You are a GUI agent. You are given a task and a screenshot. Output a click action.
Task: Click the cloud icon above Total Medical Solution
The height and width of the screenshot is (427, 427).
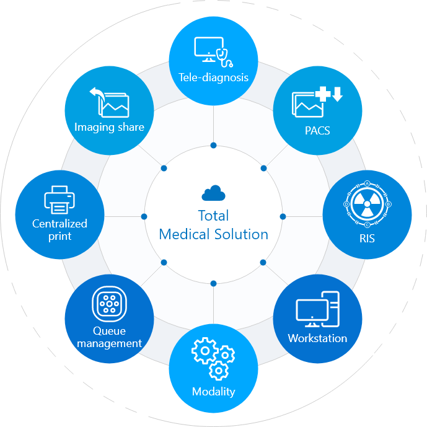point(213,193)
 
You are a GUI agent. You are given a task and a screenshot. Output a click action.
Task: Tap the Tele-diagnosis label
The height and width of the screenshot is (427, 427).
point(213,77)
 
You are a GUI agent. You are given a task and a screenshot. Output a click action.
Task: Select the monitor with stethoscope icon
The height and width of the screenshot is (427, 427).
point(213,52)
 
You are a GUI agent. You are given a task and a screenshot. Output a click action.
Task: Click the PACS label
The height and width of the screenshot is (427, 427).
point(317,131)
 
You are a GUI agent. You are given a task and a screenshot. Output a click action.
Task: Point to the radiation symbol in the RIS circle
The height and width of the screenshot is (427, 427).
point(367,203)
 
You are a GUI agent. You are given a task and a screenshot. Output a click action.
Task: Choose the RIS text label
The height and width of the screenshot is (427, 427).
point(367,238)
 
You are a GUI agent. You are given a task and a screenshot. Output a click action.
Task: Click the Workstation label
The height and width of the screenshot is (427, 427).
point(317,338)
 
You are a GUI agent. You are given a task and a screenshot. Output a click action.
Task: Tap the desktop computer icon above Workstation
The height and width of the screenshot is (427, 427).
point(317,309)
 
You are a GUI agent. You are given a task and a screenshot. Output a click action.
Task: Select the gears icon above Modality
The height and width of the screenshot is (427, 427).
point(213,358)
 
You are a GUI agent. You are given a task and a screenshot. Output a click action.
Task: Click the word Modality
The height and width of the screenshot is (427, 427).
point(213,391)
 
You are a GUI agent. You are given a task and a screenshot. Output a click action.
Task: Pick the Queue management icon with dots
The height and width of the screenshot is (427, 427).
point(109,304)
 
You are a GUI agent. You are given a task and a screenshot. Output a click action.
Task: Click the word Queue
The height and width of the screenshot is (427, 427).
point(109,330)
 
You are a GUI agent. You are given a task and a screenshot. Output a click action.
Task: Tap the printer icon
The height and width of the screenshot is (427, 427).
point(59,200)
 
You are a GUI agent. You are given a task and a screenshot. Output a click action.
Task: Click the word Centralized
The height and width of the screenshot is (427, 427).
point(59,224)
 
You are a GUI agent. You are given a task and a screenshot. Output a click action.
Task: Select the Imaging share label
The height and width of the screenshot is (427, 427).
point(109,127)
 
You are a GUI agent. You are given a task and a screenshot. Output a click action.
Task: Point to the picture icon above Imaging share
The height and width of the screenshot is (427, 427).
point(110,102)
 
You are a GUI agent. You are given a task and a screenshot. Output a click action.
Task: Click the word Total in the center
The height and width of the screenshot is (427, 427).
point(213,216)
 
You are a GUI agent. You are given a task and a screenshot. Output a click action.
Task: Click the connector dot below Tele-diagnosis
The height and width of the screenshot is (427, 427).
point(213,145)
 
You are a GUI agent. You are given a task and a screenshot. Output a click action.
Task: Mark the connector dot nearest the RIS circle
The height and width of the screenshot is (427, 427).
point(283,216)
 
